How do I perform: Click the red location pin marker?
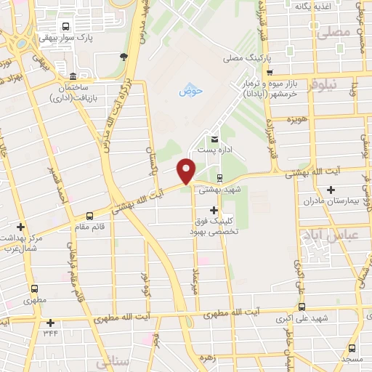tap(187, 171)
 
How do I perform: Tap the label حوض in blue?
tap(190, 91)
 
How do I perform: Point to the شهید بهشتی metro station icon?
tap(219, 178)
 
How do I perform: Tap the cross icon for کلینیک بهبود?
tap(213, 210)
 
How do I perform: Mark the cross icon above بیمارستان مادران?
tap(351, 189)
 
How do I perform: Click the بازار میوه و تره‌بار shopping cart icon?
tap(270, 73)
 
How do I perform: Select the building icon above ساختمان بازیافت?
tap(72, 77)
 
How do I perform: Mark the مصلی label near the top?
tap(333, 32)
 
